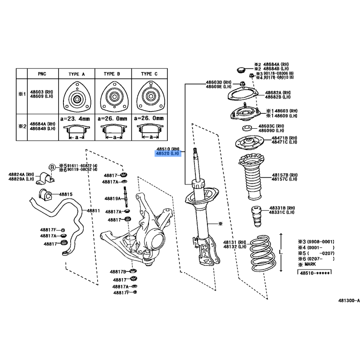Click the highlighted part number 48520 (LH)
click(x=167, y=153)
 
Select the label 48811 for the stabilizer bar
click(x=93, y=211)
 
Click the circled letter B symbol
click(x=52, y=167)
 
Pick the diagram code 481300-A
click(x=349, y=300)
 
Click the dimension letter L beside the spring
click(x=280, y=253)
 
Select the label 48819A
click(x=113, y=198)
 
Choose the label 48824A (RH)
click(x=21, y=175)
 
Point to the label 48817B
click(x=118, y=272)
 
